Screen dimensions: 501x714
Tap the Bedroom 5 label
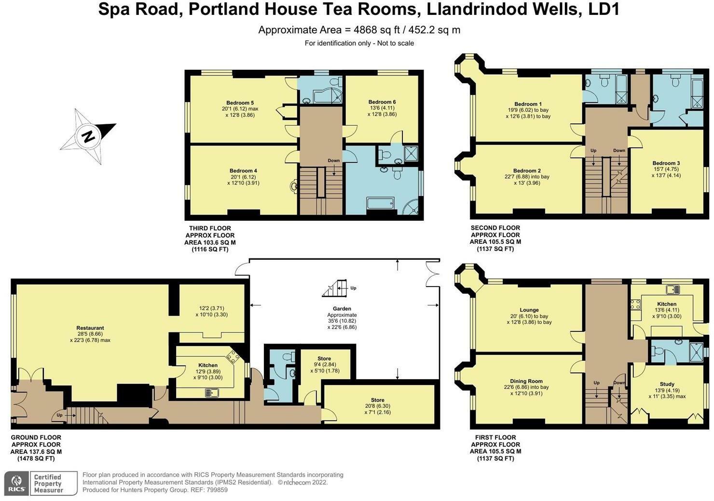240,103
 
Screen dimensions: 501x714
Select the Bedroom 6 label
382,102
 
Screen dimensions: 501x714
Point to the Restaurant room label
90,328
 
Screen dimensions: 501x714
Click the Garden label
342,309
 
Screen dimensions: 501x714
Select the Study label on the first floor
667,384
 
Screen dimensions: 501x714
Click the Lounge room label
529,310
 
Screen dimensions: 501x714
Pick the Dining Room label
526,381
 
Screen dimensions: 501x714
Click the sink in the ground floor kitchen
212,393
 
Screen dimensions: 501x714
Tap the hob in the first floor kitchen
635,304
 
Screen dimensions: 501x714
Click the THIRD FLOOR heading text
210,228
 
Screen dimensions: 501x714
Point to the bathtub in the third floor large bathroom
380,203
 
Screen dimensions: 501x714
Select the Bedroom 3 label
666,163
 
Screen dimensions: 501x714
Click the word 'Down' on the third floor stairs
333,161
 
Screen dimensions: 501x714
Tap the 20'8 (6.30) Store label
377,400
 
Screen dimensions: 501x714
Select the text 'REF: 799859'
210,490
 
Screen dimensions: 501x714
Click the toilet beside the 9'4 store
289,357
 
